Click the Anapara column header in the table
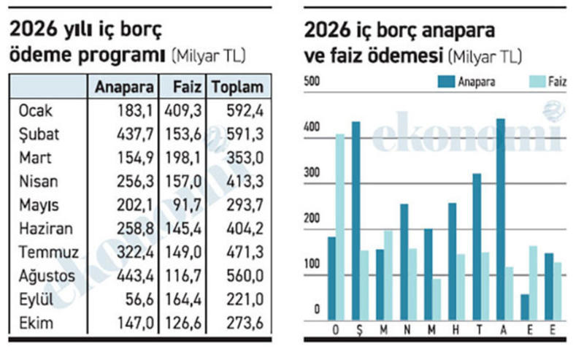[x=125, y=88]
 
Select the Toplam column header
[x=237, y=88]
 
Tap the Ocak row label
[x=36, y=112]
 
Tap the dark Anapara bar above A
[x=501, y=218]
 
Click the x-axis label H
[x=453, y=329]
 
